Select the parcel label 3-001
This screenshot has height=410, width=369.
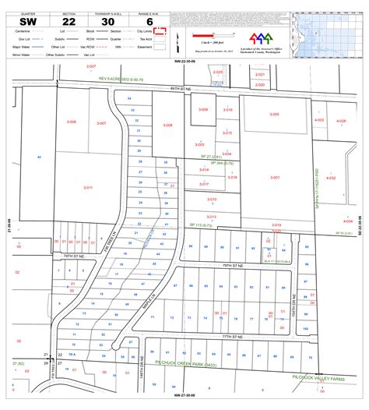pos(275,177)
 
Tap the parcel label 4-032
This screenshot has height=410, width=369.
pos(330,178)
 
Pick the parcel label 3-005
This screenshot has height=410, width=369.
pos(274,115)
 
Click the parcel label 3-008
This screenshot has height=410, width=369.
pos(167,125)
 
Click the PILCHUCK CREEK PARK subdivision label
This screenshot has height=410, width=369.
pos(187,363)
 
